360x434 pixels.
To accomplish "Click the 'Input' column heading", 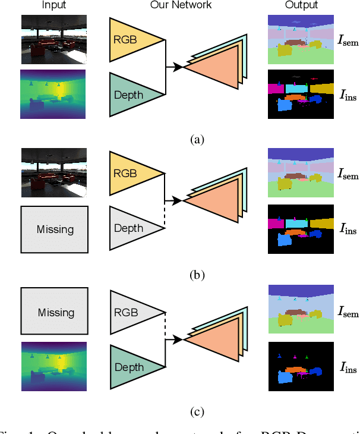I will tap(53, 5).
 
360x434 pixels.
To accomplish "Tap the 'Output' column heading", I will tap(301, 5).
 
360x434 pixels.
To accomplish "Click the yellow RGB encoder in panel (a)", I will tap(131, 40).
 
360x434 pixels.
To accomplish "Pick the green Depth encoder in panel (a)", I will tap(131, 95).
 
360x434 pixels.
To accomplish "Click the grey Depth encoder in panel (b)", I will tap(131, 229).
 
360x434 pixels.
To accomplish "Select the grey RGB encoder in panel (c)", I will tap(131, 312).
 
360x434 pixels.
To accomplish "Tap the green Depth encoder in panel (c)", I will tap(131, 367).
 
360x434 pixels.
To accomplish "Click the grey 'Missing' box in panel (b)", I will tap(54, 229).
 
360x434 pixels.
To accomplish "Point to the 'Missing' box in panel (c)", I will tap(54, 312).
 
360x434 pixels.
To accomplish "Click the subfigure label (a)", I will tap(197, 140).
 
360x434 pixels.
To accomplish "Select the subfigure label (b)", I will tap(197, 275).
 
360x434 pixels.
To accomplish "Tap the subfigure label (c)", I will tap(197, 411).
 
